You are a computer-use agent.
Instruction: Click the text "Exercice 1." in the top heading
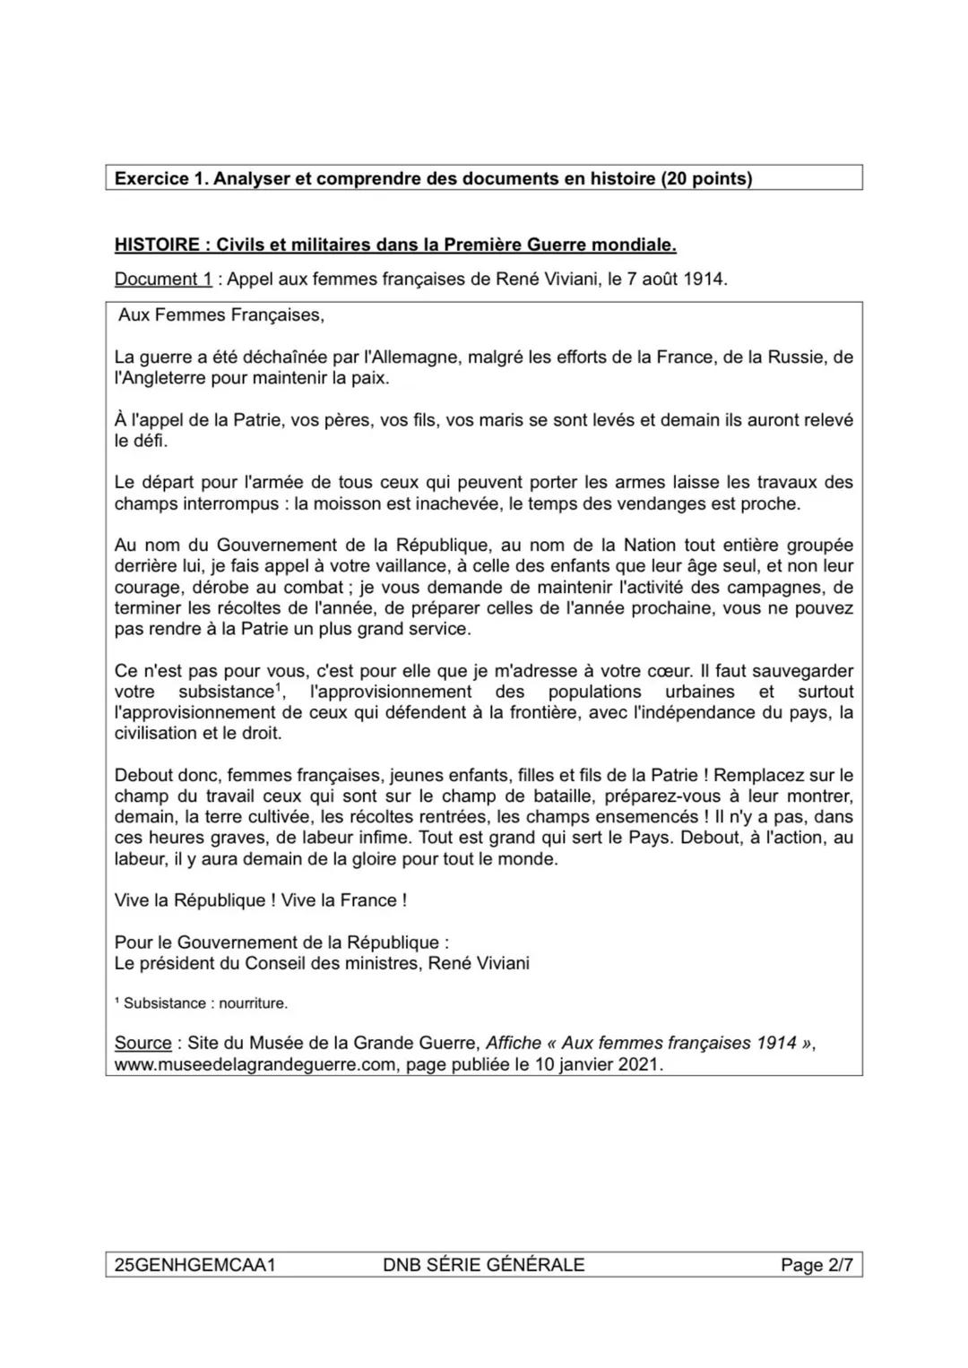(x=159, y=178)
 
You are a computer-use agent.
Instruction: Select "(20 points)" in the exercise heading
(x=706, y=178)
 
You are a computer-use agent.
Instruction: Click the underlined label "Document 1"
(x=163, y=279)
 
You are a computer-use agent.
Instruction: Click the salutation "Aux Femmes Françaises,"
(x=220, y=315)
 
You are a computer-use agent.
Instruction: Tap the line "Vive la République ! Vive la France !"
(x=261, y=900)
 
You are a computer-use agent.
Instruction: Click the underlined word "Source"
(x=143, y=1044)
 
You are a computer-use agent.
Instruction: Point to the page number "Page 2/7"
(x=816, y=1265)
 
